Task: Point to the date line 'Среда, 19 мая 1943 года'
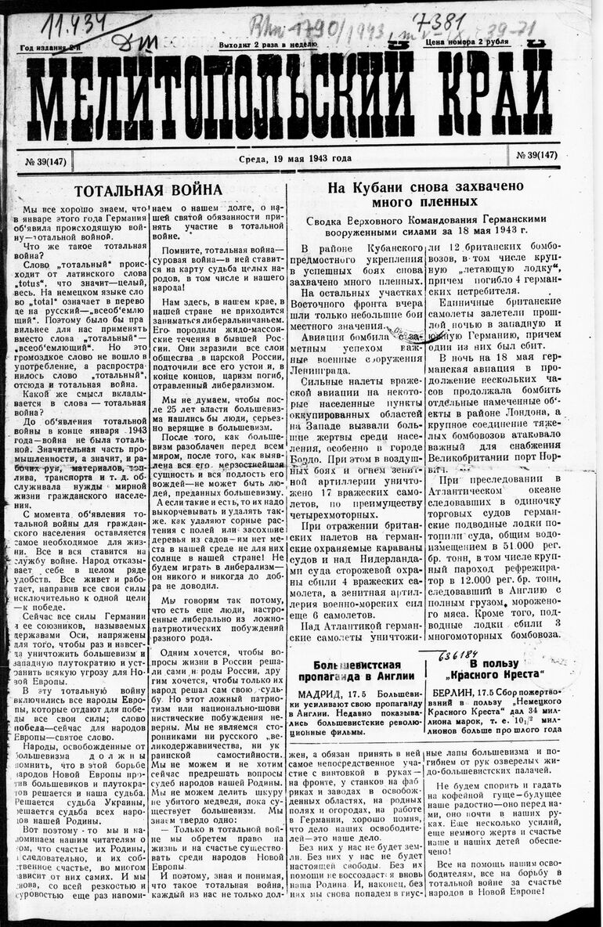(295, 159)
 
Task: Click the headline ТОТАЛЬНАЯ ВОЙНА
(148, 190)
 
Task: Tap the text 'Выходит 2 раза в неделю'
(268, 45)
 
